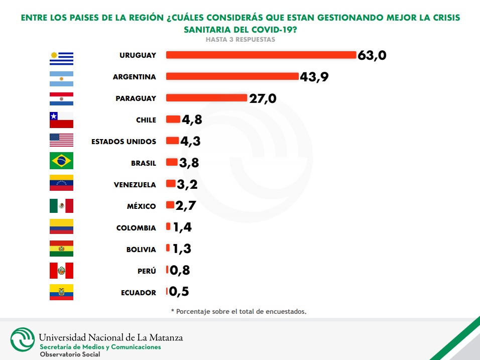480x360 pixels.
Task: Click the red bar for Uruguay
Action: pos(261,55)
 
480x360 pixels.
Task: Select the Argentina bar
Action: pos(232,77)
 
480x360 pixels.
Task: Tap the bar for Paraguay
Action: pos(206,98)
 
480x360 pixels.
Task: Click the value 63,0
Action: pos(372,55)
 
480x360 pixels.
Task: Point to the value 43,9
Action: pos(314,77)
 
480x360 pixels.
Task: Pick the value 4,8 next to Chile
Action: pos(192,120)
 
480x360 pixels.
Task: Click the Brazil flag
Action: pos(61,161)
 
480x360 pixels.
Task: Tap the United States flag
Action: pos(61,140)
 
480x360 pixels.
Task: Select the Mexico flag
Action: pos(61,206)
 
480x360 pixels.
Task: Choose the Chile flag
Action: pos(61,120)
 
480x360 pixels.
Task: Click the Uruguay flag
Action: pos(61,58)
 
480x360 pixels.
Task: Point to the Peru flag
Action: pos(61,271)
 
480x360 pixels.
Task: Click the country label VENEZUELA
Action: pos(135,185)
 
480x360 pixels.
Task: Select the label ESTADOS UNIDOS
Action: pos(124,142)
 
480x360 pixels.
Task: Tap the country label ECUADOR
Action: pos(139,293)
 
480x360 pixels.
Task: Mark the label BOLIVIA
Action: pos(141,250)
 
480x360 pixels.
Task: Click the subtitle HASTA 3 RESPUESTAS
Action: pos(240,40)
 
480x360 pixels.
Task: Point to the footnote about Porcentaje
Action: pos(238,311)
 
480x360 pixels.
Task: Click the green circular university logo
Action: pos(23,340)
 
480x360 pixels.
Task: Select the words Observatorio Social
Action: pos(70,354)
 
